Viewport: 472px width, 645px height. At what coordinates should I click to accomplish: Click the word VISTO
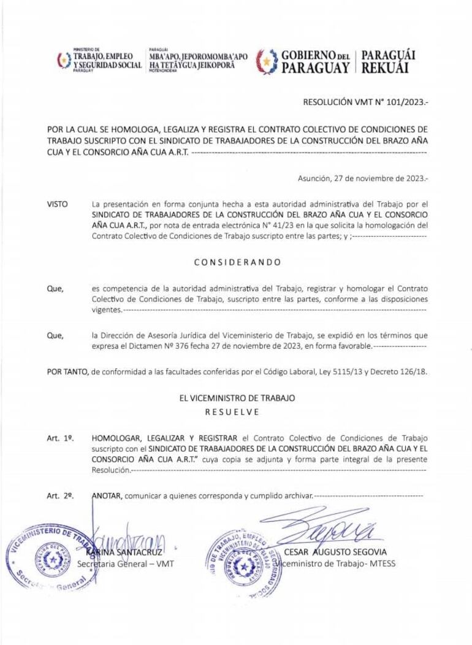click(58, 204)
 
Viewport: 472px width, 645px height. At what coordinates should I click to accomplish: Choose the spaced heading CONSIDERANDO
click(237, 262)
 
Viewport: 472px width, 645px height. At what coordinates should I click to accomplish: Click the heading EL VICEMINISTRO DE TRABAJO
click(237, 398)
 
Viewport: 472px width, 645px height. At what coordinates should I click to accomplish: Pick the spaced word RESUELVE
click(237, 412)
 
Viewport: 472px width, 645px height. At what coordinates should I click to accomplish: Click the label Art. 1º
click(60, 439)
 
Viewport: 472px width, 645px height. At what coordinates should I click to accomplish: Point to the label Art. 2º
click(60, 495)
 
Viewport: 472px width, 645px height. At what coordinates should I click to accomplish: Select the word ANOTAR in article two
click(106, 495)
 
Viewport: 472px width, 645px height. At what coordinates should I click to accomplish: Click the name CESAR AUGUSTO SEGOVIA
click(335, 552)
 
